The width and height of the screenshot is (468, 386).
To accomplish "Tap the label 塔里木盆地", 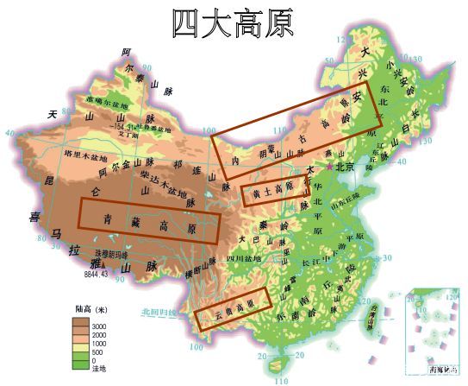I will pos(85,154).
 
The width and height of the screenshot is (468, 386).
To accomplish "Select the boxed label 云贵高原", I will pos(233,308).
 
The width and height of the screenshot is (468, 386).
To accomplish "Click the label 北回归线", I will pos(159,312).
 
